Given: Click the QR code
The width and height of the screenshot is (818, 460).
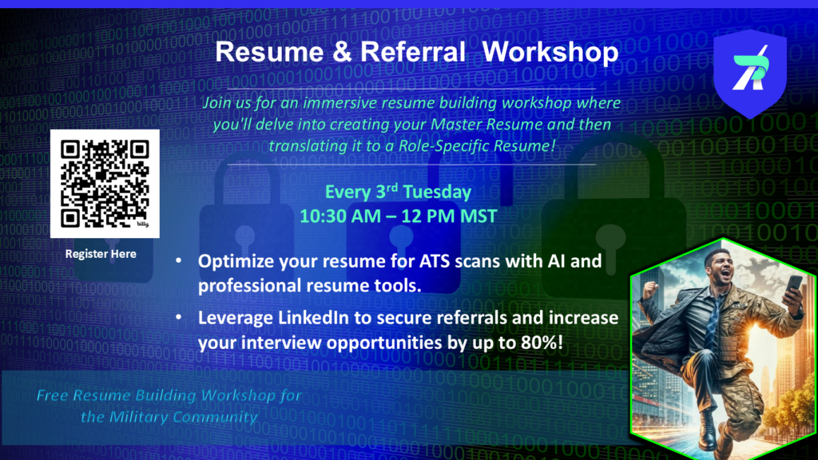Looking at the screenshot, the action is (x=105, y=184).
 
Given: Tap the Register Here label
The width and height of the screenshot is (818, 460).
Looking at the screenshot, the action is (x=101, y=254).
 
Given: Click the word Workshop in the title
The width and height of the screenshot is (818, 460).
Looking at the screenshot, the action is (x=550, y=53).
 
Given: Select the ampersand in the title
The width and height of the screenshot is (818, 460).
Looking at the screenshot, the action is (x=342, y=52).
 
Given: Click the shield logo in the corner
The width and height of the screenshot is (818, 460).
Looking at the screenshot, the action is (x=749, y=73).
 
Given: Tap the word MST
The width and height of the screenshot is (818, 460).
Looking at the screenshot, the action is (x=478, y=216).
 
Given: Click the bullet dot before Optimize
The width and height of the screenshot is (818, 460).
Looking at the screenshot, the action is (x=179, y=260).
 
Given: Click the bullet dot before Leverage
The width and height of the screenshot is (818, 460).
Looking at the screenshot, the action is (x=179, y=316).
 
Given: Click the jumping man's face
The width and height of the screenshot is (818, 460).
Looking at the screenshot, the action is (x=722, y=268).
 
